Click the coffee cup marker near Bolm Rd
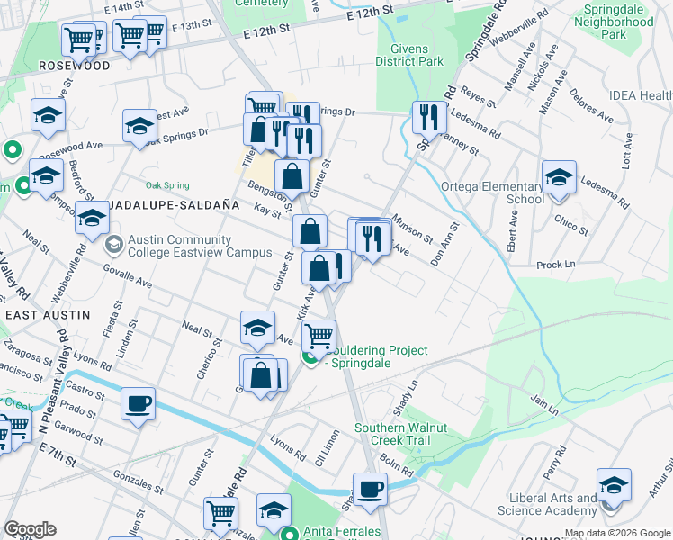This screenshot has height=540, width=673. [x=369, y=490]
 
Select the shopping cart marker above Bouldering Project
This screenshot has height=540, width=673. [x=319, y=336]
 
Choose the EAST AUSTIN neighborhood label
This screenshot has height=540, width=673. [x=48, y=315]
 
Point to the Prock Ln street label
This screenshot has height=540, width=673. [x=555, y=265]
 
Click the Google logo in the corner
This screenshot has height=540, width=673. [x=30, y=529]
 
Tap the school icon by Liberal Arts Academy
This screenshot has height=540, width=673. [x=614, y=486]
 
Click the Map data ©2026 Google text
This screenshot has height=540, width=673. [x=616, y=533]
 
